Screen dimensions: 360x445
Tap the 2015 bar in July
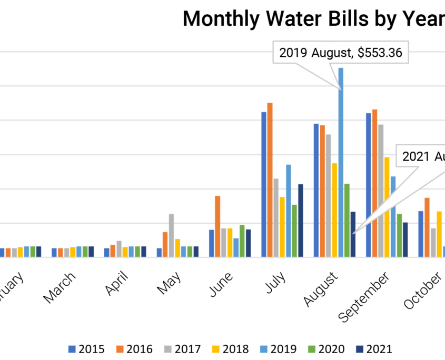(x=264, y=184)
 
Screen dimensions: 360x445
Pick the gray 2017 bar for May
(x=171, y=235)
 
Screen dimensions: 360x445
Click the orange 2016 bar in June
(x=217, y=226)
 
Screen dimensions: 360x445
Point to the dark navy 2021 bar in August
(x=353, y=234)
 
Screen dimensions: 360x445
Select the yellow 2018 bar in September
(x=387, y=207)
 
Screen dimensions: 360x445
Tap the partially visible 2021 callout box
(x=421, y=157)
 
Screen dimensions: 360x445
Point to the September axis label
(x=365, y=296)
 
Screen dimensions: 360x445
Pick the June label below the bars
(x=221, y=284)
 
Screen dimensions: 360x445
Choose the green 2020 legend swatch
(x=311, y=349)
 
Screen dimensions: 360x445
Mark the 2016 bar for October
(x=427, y=227)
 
